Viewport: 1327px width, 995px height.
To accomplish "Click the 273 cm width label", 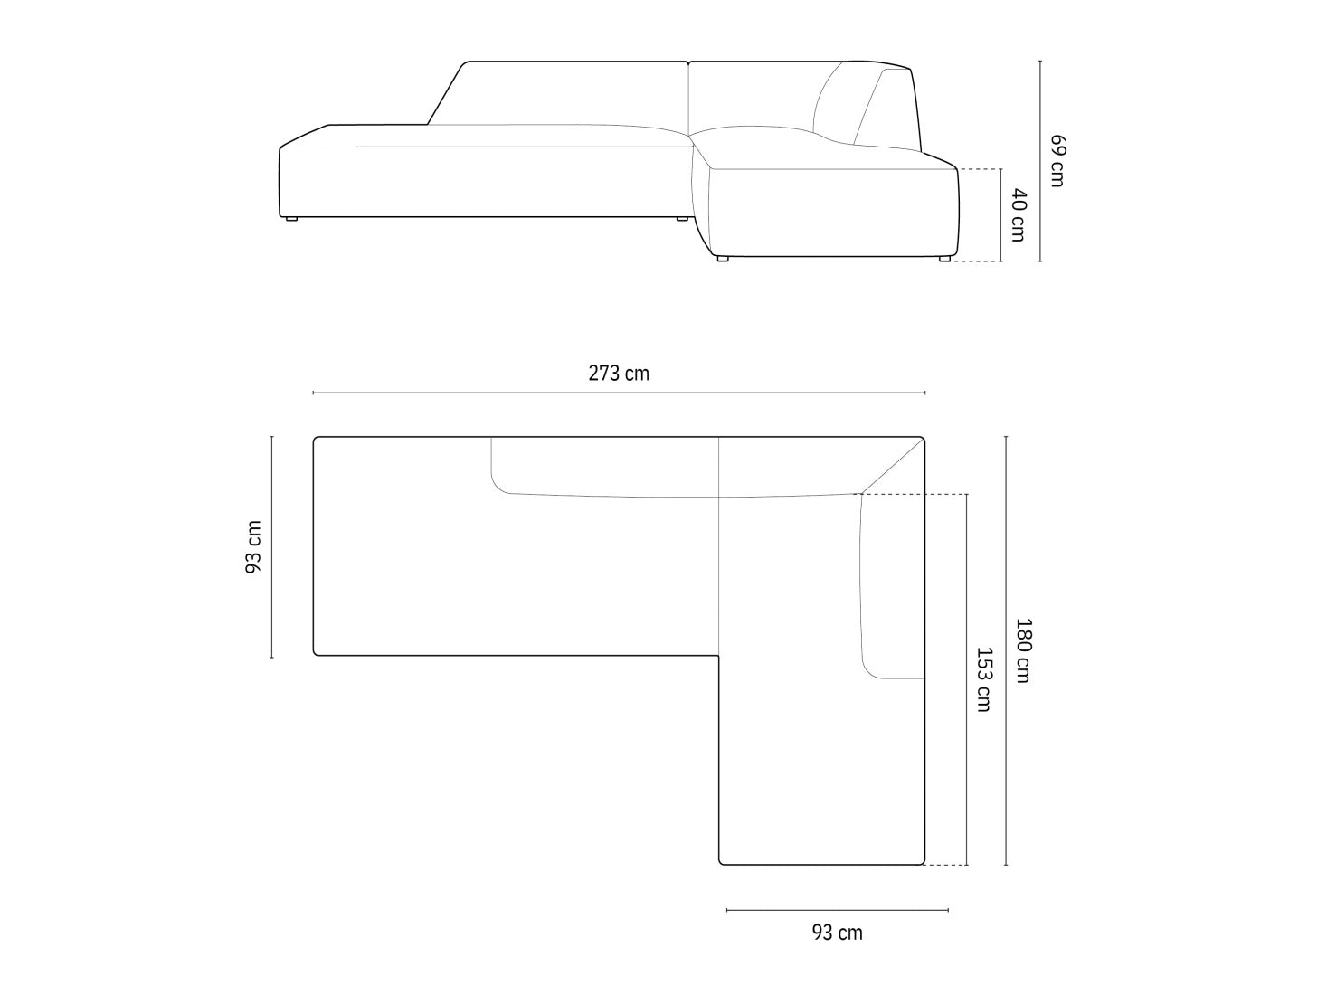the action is pos(619,374).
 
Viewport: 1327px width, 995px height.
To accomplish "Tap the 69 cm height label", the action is pos(1057,161).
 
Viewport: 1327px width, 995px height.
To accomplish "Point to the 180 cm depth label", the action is pos(1023,650).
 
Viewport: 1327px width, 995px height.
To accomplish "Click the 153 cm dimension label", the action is pos(985,679).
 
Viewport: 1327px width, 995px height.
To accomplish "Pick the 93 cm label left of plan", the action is pos(254,547).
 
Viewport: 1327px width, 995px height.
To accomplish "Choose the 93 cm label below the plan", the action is pos(837,933).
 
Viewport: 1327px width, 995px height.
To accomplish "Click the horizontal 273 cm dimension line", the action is pos(619,393).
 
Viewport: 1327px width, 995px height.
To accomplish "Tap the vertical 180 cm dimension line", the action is pos(1006,650).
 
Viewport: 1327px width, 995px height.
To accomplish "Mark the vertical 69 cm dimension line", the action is pos(1040,161).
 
